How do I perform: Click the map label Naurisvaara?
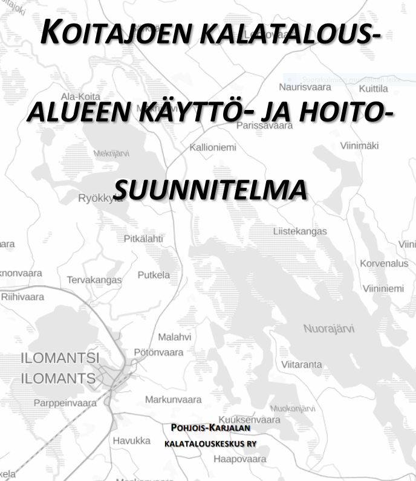coord(305,87)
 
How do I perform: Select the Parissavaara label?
coord(265,126)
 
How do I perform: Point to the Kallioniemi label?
coord(213,147)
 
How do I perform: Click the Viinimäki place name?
coord(359,146)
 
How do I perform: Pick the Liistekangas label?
coord(300,231)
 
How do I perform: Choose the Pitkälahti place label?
coord(143,239)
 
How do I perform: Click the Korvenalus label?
coord(384,263)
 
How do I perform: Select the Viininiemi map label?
coord(383,289)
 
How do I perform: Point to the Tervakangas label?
coord(94,280)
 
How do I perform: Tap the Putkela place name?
coord(154,275)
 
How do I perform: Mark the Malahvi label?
coord(174,337)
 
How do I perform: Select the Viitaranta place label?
coord(301,364)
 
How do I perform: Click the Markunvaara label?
coord(173,399)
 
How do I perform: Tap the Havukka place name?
coord(131,441)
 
